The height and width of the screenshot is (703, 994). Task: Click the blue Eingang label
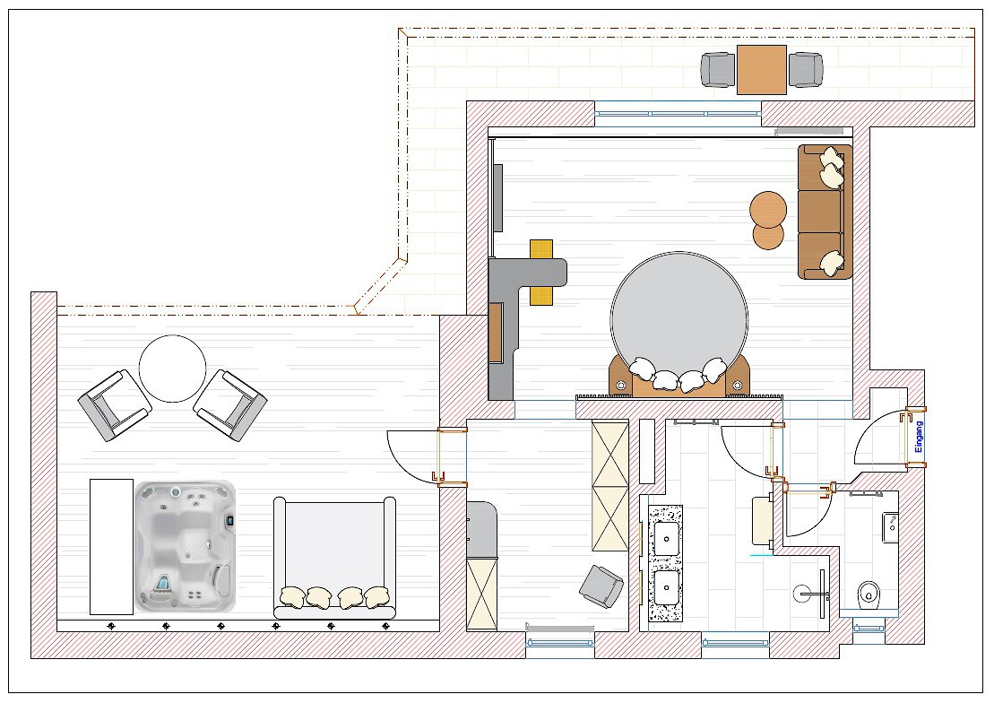(x=920, y=437)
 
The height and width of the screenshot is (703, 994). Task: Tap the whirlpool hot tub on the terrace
(x=186, y=546)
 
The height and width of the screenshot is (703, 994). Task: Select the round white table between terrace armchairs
(x=172, y=368)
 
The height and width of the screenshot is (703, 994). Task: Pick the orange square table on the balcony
(x=761, y=70)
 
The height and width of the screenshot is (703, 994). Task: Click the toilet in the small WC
(x=868, y=595)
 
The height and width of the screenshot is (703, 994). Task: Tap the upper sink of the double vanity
(x=666, y=538)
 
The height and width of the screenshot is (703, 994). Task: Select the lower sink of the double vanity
(x=666, y=587)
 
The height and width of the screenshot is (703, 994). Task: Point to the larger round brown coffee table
(x=768, y=210)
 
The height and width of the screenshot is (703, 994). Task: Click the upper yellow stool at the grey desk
(x=541, y=249)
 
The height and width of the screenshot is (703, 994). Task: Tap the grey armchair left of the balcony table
(x=719, y=70)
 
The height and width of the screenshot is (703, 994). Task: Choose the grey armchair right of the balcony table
(x=806, y=70)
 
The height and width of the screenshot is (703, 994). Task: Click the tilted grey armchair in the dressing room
(x=601, y=586)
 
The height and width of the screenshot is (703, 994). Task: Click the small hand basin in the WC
(x=890, y=527)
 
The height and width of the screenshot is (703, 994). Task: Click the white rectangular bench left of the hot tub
(x=111, y=546)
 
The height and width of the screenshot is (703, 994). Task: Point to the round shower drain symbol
(x=801, y=594)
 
